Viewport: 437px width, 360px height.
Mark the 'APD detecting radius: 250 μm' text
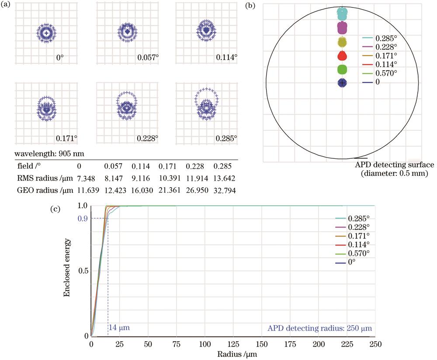point(322,328)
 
